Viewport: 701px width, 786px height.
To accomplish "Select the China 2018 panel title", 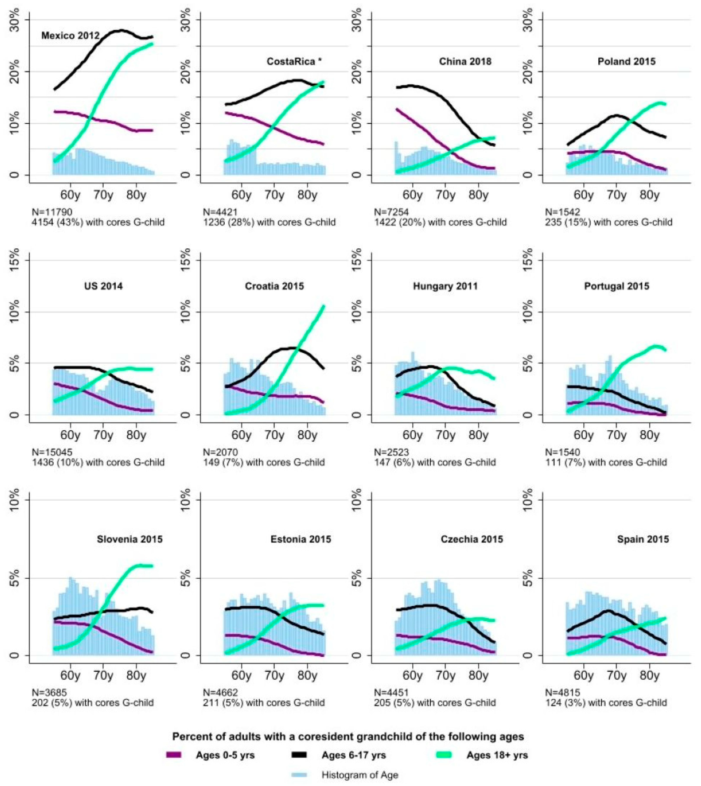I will click(x=465, y=62).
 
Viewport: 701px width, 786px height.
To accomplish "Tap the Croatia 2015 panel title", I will click(x=274, y=286).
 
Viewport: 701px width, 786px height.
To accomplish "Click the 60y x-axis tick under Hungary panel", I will click(x=412, y=435).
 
